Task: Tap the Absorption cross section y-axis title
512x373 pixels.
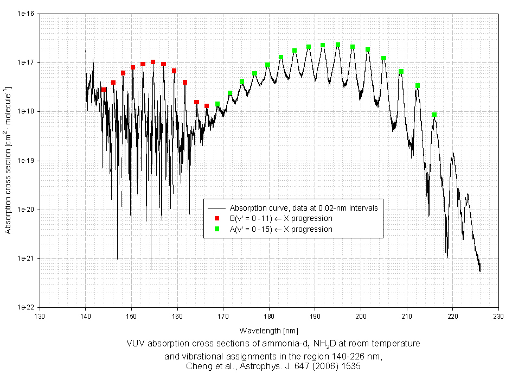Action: (x=8, y=160)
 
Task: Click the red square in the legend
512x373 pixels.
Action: (x=216, y=218)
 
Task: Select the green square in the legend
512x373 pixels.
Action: (x=216, y=229)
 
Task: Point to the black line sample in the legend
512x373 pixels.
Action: (x=216, y=208)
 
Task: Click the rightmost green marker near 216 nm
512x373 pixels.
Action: (x=434, y=115)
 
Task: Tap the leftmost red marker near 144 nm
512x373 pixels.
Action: (x=104, y=90)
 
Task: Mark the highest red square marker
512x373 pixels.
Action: (x=153, y=62)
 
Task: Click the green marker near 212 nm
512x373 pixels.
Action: (x=418, y=86)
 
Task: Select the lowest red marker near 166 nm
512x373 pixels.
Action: (x=207, y=106)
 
